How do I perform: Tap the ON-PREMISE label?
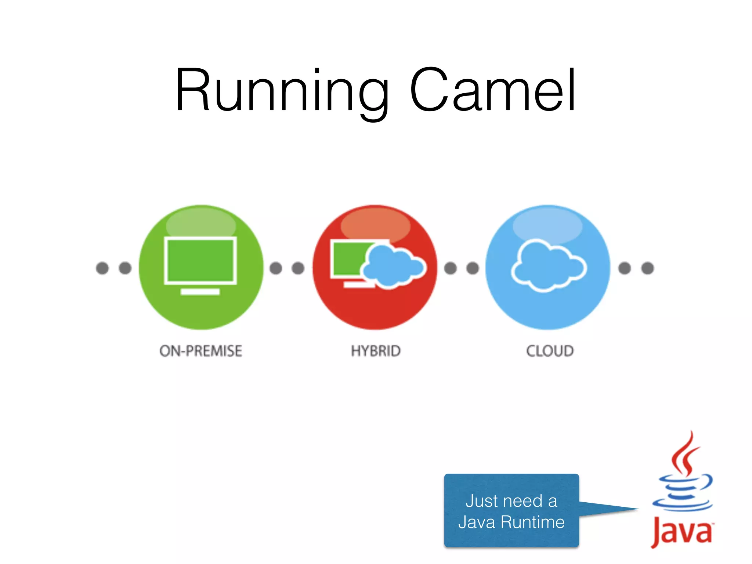pyautogui.click(x=200, y=351)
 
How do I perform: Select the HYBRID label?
pyautogui.click(x=376, y=351)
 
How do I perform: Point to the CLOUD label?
pyautogui.click(x=550, y=351)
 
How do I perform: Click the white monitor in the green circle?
pyautogui.click(x=200, y=260)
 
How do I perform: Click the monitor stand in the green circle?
pyautogui.click(x=200, y=292)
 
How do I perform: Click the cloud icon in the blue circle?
pyautogui.click(x=549, y=266)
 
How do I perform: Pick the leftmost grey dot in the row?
pyautogui.click(x=102, y=268)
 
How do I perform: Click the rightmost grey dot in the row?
pyautogui.click(x=647, y=268)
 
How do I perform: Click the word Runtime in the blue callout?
pyautogui.click(x=532, y=522)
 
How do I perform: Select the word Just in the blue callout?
pyautogui.click(x=480, y=501)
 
